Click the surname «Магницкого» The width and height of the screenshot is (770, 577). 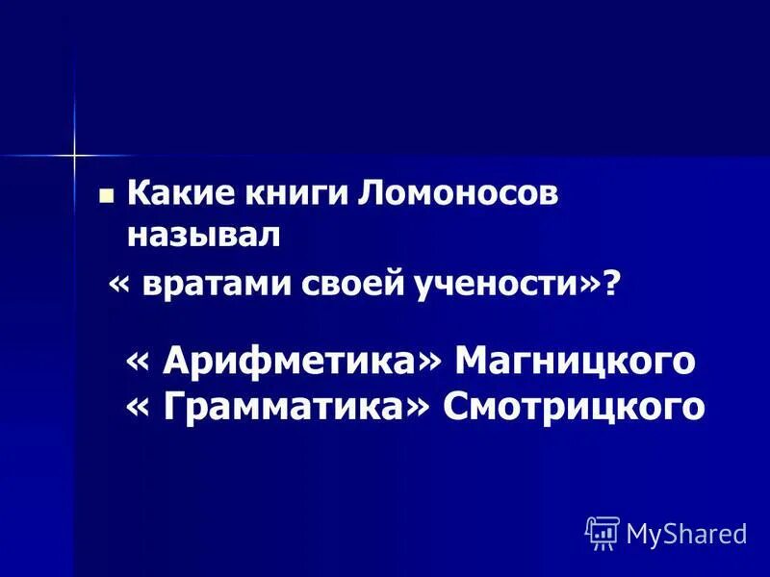575,362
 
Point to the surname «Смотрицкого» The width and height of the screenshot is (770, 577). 574,407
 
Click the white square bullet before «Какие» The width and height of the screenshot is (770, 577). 107,195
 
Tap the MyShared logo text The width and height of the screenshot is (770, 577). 686,533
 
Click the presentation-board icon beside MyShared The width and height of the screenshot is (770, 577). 603,531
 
